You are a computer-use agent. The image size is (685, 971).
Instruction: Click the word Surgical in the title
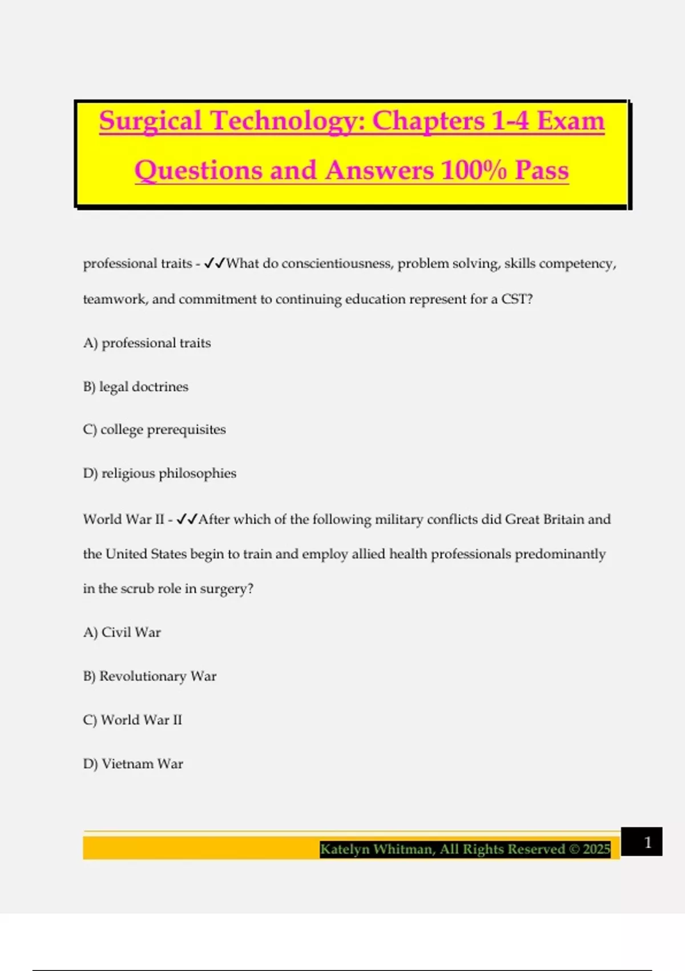pyautogui.click(x=150, y=121)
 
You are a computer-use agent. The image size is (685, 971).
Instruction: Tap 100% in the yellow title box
pyautogui.click(x=473, y=170)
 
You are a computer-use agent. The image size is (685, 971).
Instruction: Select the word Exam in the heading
pyautogui.click(x=570, y=121)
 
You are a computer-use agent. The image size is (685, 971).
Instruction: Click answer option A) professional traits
pyautogui.click(x=147, y=343)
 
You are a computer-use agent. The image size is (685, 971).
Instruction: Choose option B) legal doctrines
pyautogui.click(x=135, y=387)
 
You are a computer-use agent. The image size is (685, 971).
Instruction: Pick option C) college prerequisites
pyautogui.click(x=154, y=430)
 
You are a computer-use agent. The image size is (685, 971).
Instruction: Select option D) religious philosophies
pyautogui.click(x=159, y=474)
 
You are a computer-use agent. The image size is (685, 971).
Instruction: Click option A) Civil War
pyautogui.click(x=122, y=632)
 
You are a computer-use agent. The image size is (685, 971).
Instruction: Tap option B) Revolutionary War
pyautogui.click(x=150, y=676)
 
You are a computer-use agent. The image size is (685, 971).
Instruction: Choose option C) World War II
pyautogui.click(x=132, y=720)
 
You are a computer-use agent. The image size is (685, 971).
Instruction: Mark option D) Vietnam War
pyautogui.click(x=133, y=764)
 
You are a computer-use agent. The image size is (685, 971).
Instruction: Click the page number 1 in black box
pyautogui.click(x=647, y=842)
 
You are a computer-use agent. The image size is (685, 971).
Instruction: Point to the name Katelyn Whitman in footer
pyautogui.click(x=376, y=849)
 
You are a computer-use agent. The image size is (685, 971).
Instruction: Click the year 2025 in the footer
pyautogui.click(x=597, y=849)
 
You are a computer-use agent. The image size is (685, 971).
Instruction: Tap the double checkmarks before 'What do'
pyautogui.click(x=215, y=263)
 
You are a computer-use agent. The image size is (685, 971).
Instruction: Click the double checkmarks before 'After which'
pyautogui.click(x=187, y=519)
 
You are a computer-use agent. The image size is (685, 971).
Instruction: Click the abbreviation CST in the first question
pyautogui.click(x=514, y=299)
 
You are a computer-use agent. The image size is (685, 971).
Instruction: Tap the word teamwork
pyautogui.click(x=114, y=299)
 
